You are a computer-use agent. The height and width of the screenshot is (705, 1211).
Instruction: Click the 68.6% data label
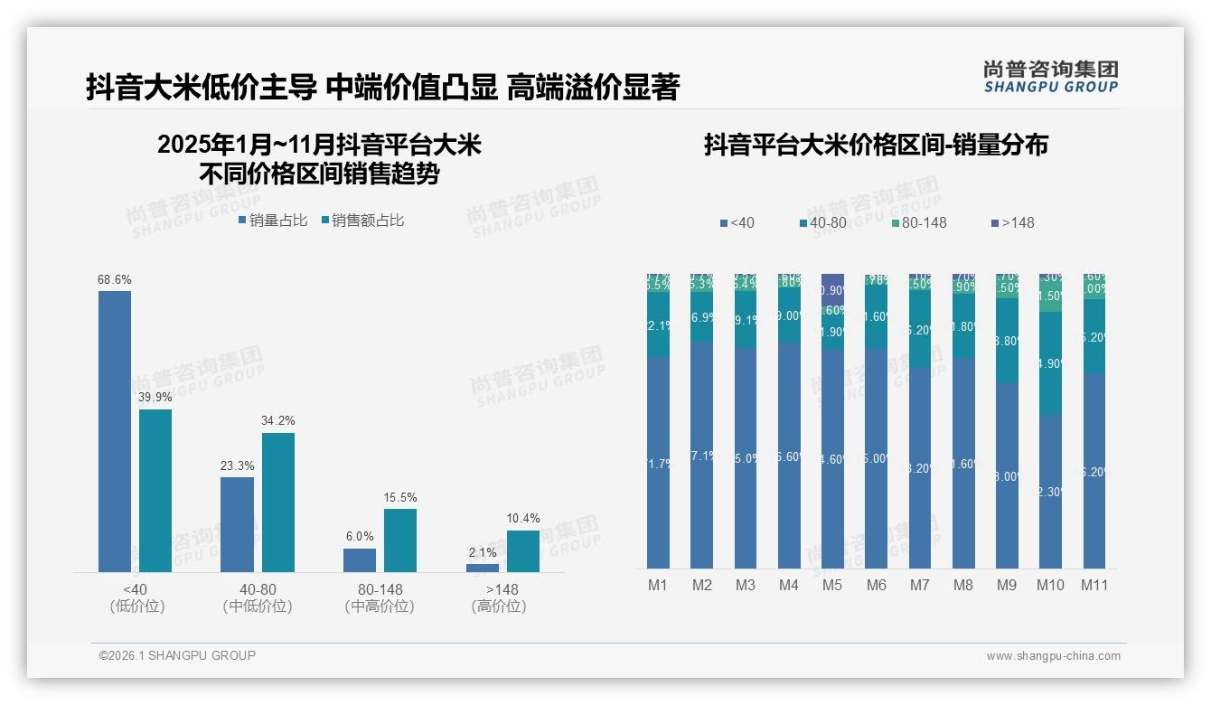point(114,280)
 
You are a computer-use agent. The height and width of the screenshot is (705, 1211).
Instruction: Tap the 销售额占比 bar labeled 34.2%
point(278,502)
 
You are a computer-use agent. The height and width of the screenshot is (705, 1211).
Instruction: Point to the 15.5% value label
point(400,498)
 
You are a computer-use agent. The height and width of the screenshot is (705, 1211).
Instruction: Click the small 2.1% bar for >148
point(483,568)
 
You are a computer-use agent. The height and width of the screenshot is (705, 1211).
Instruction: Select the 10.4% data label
point(523,519)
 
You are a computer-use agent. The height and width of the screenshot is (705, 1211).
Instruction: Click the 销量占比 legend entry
point(273,221)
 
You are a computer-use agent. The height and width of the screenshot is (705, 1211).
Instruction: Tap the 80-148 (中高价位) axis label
point(380,598)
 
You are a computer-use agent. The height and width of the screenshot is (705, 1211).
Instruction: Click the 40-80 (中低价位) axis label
point(258,598)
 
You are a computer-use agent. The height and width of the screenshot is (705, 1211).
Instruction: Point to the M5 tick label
point(832,586)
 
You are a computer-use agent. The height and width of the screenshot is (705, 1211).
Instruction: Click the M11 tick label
point(1094,586)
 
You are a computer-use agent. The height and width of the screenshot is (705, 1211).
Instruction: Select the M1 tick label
point(658,586)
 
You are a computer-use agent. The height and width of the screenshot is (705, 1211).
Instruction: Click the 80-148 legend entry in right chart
point(917,223)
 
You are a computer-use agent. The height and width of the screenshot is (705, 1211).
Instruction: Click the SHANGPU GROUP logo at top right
point(1050,77)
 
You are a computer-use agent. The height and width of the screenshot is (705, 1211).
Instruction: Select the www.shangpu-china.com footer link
point(1053,656)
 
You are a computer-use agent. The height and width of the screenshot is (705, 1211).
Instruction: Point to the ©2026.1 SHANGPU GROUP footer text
point(177,655)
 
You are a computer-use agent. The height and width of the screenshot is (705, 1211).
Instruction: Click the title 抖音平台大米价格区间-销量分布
point(876,145)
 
